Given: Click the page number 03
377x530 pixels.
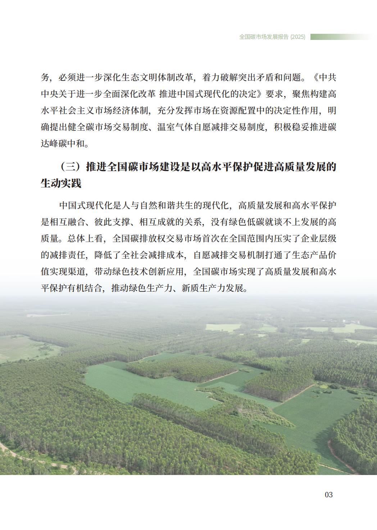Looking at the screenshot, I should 328,495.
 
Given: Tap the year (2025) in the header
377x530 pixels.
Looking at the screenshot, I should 297,37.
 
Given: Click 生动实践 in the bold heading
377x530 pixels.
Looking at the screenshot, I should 61,184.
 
